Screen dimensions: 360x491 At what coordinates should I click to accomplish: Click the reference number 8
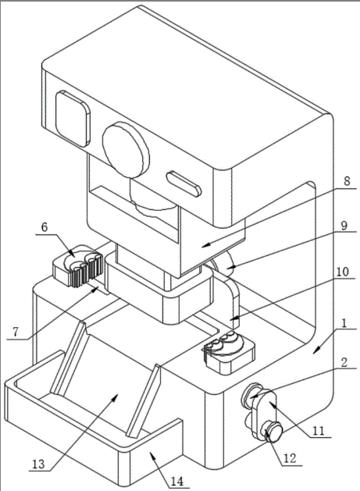[x=346, y=181]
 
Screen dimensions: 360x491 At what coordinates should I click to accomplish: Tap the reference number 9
[x=344, y=226]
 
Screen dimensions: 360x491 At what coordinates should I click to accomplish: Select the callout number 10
[x=342, y=272]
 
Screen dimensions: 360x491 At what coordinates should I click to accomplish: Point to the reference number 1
[x=344, y=323]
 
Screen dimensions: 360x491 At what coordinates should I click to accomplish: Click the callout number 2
[x=344, y=362]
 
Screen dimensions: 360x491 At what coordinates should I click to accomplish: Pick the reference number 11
[x=319, y=431]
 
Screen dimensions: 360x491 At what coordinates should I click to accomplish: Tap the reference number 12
[x=290, y=458]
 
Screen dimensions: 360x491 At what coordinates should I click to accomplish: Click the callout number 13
[x=39, y=464]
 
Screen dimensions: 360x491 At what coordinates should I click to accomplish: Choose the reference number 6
[x=45, y=227]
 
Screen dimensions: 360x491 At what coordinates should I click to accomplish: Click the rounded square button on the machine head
[x=73, y=119]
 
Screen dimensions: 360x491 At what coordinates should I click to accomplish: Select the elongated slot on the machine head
[x=184, y=183]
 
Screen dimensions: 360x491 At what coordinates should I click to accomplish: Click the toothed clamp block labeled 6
[x=77, y=266]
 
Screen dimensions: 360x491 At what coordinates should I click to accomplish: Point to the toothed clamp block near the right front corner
[x=229, y=352]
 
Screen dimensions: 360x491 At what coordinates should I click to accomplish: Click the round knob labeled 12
[x=272, y=432]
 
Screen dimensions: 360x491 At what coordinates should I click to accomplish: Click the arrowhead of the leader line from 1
[x=316, y=350]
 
